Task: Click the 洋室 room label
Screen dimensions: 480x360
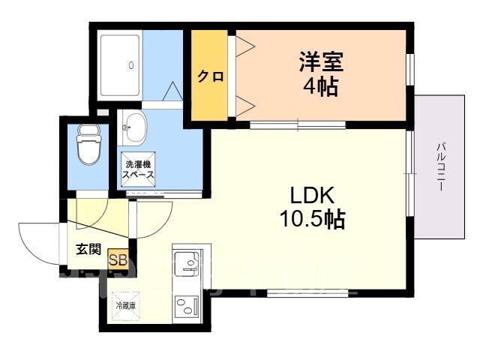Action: coord(321,61)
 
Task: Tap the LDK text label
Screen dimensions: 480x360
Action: coord(312,195)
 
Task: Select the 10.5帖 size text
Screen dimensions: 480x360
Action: coord(313,219)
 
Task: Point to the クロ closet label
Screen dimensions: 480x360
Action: coord(210,76)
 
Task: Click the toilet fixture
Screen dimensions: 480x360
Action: coord(89,145)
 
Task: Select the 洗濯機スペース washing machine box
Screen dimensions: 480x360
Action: coord(138,169)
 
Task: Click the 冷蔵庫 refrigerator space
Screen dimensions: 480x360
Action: coord(126,306)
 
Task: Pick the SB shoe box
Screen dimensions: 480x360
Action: coord(118,260)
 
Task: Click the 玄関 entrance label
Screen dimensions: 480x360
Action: coord(88,250)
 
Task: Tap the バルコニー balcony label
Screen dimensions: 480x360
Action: coord(441,167)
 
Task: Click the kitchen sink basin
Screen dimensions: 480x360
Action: coord(187,262)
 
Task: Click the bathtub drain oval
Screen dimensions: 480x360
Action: coord(131,65)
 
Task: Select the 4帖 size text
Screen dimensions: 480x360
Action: coord(320,87)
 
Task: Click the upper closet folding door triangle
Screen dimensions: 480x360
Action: coord(245,46)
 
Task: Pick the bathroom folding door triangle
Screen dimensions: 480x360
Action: coord(172,91)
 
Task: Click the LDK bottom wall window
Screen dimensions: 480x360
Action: coord(307,293)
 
